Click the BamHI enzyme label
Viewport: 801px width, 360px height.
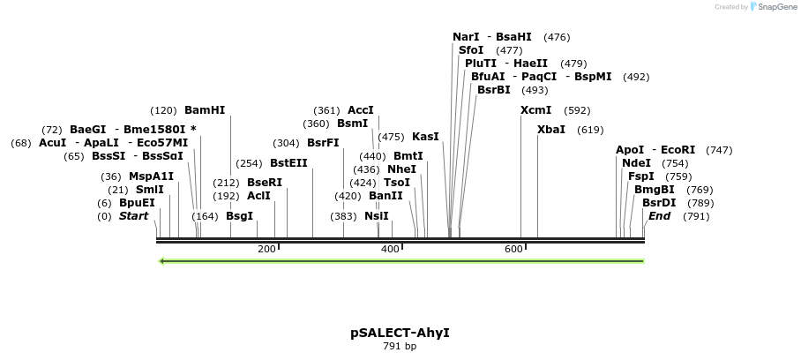(205, 110)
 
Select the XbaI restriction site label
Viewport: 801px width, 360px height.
(551, 130)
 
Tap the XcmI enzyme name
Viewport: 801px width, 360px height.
(535, 110)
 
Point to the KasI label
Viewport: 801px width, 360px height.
(425, 137)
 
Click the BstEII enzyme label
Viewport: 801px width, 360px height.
(288, 163)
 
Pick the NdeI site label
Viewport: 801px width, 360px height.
(636, 163)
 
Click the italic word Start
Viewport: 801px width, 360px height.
(134, 216)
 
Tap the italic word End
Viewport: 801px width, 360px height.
(659, 216)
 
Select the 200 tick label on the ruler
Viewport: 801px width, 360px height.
(266, 250)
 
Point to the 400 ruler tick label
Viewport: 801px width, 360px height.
(390, 250)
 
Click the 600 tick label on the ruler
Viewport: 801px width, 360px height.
(513, 250)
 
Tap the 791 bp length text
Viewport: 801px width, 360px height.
(400, 347)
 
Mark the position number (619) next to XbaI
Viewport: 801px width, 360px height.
(590, 130)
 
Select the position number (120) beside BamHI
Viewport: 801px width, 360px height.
(163, 110)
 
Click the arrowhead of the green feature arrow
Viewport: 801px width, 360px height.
(162, 261)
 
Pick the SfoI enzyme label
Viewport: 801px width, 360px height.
(471, 50)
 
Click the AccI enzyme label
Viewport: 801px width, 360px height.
(361, 110)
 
